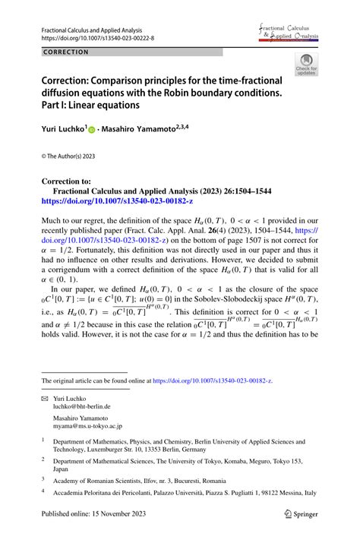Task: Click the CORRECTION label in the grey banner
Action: tap(67, 52)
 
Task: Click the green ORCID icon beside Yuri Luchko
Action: tap(93, 131)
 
